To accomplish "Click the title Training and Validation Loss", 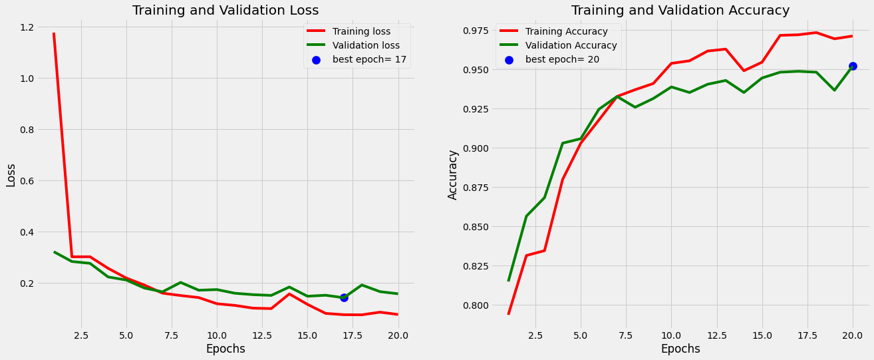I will pos(225,10).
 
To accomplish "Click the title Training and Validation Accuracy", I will pos(680,10).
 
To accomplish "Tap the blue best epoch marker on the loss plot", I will pos(344,297).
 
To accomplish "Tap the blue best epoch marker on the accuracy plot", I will pos(853,66).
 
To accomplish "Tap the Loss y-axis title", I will pos(11,175).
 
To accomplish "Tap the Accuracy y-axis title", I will pos(453,174).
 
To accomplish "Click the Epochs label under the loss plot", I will pos(225,349).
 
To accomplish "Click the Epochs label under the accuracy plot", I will pos(680,349).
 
